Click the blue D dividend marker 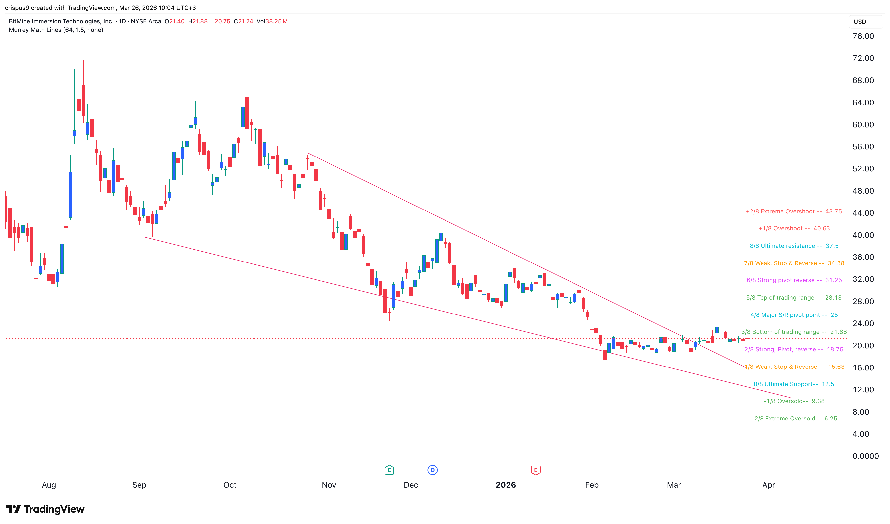(x=432, y=470)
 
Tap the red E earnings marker (x=536, y=470)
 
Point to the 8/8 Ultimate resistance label (x=794, y=246)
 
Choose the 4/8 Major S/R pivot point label (x=794, y=315)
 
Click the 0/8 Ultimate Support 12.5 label (x=794, y=384)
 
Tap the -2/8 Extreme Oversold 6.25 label (x=794, y=419)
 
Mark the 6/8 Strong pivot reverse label (x=794, y=280)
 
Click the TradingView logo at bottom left (x=45, y=509)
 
